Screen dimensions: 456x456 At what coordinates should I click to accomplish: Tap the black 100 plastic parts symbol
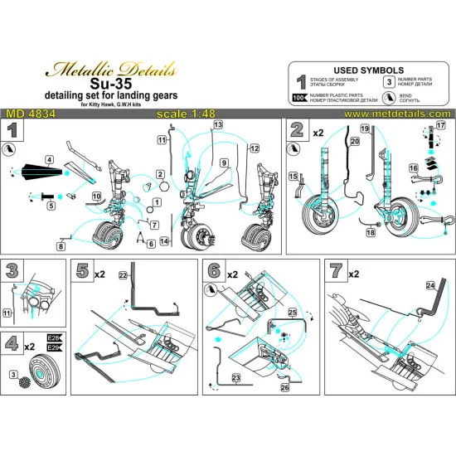pyautogui.click(x=300, y=98)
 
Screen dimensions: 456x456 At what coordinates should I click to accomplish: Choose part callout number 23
pyautogui.click(x=237, y=377)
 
